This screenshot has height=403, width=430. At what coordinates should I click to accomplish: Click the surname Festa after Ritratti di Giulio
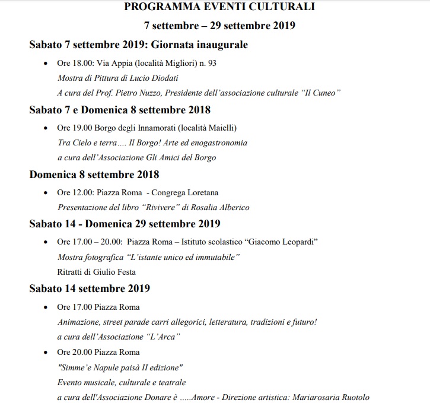(124, 272)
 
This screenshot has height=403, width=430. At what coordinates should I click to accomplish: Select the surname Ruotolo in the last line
(357, 398)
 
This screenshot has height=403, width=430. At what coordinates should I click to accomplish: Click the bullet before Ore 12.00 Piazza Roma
(46, 192)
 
